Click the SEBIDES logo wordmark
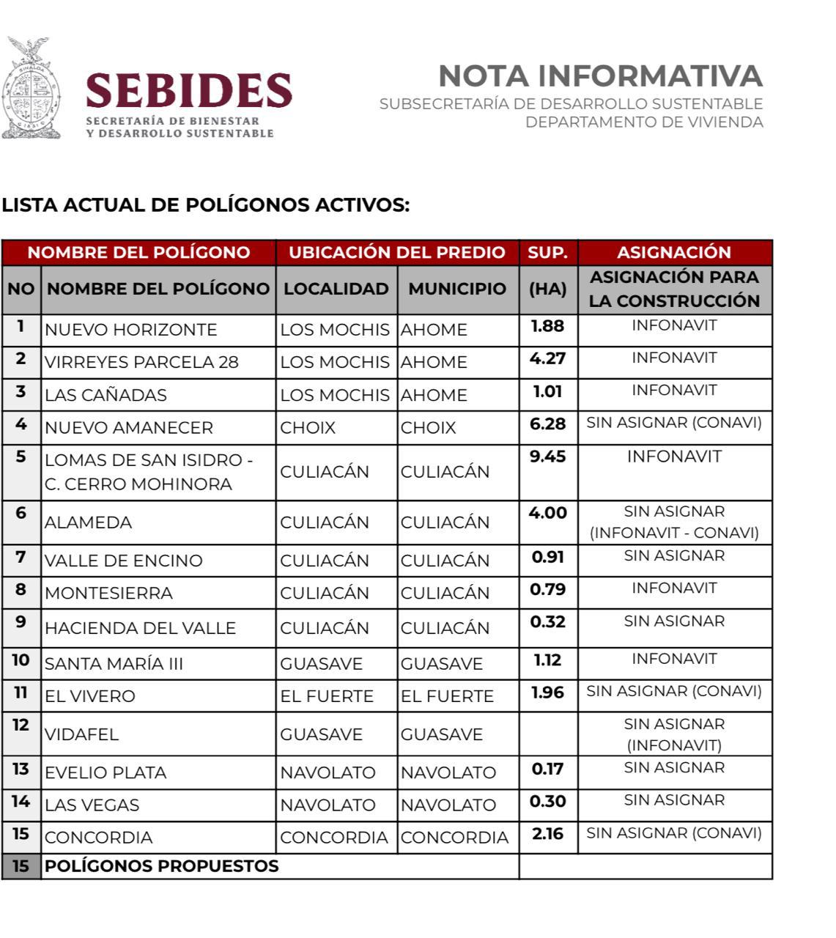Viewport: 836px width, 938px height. (188, 91)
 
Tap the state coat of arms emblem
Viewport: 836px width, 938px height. (31, 89)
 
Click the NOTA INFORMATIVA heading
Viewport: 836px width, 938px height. (600, 76)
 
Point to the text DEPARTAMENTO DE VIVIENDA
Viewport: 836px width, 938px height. (644, 122)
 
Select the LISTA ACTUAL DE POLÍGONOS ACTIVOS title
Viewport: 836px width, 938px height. (205, 205)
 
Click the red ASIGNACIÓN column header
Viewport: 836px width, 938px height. (674, 253)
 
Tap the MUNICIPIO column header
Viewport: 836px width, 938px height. (457, 289)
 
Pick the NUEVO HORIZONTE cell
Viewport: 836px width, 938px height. (131, 330)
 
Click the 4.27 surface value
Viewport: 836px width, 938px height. (547, 359)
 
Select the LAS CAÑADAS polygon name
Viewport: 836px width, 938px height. (106, 396)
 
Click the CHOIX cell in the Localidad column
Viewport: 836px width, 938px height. (308, 428)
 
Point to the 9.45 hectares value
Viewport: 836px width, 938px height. (547, 457)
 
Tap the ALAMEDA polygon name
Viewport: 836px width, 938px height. (88, 523)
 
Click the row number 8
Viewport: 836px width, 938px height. (21, 590)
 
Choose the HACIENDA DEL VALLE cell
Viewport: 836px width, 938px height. (140, 629)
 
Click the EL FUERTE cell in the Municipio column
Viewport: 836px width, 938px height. (447, 697)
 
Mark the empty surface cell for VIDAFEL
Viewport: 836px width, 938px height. (548, 734)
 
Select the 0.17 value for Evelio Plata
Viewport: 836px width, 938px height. (547, 769)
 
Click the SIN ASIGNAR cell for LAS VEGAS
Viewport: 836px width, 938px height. (674, 801)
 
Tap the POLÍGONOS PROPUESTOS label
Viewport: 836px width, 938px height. (161, 867)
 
